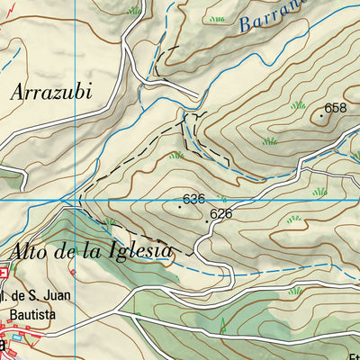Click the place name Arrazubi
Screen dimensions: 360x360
pyautogui.click(x=54, y=91)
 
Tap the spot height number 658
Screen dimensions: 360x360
pyautogui.click(x=336, y=108)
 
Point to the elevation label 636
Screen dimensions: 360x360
pyautogui.click(x=193, y=198)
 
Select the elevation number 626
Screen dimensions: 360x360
pyautogui.click(x=221, y=214)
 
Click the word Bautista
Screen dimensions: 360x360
pyautogui.click(x=34, y=316)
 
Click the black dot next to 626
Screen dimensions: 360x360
pyautogui.click(x=208, y=220)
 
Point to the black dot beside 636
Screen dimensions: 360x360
pyautogui.click(x=180, y=206)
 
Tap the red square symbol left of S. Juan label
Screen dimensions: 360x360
pyautogui.click(x=4, y=270)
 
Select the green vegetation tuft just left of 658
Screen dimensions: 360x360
pyautogui.click(x=298, y=106)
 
